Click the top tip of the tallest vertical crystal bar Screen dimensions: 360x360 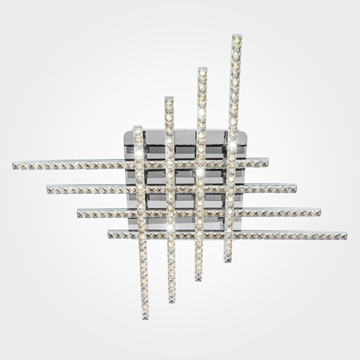[237, 37]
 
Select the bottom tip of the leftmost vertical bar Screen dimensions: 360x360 [146, 317]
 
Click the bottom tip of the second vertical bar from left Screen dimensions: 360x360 [172, 301]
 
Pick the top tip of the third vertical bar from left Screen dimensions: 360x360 [202, 69]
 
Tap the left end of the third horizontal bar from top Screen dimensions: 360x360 [79, 213]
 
